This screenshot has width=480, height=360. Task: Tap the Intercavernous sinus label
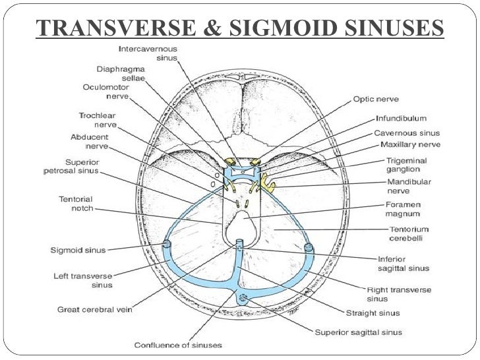coord(152,53)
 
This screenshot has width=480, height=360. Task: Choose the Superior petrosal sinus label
coord(73,166)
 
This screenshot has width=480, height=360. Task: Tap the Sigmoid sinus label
coord(78,250)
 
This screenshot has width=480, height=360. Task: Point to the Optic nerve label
coord(376,99)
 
